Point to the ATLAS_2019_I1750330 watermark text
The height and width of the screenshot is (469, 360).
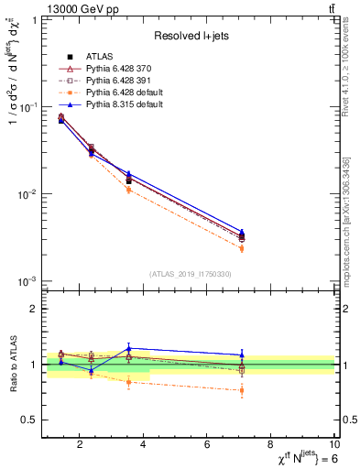point(191,274)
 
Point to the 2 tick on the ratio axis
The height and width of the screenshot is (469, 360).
point(36,309)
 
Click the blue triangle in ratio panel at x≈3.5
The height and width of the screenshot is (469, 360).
point(129,348)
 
